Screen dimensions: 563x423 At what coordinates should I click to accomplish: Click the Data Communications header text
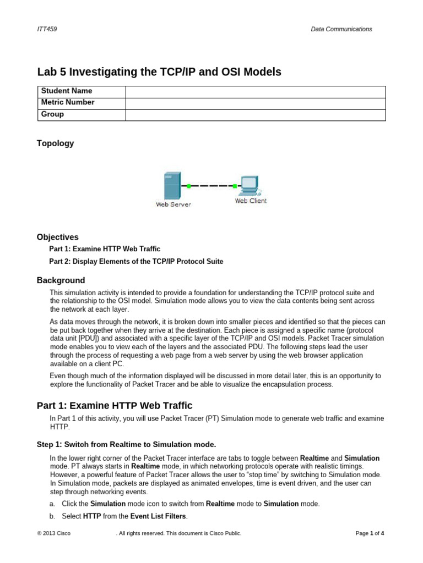pos(341,29)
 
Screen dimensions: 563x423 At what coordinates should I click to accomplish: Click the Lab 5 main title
pos(159,71)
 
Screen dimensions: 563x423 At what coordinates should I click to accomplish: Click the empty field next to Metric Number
pos(256,103)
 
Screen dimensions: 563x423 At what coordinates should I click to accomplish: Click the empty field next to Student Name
pos(256,91)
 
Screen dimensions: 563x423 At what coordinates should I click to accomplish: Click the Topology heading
pos(55,143)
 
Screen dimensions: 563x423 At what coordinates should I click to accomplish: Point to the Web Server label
pos(173,205)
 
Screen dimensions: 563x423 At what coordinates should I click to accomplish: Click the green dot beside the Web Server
pos(188,186)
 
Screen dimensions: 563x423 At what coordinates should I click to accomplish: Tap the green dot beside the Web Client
pos(235,186)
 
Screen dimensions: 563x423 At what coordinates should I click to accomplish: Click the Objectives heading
pos(58,237)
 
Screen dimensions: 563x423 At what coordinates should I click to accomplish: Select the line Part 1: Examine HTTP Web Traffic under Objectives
pos(105,249)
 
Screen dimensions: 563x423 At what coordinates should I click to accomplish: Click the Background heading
pos(61,280)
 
